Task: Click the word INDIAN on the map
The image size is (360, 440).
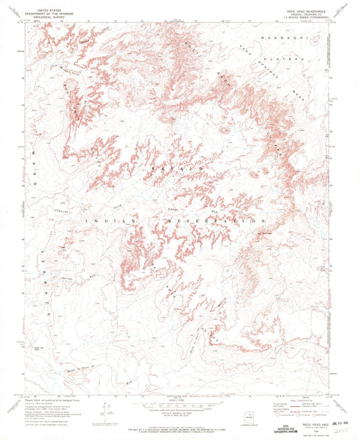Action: [109, 220]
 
